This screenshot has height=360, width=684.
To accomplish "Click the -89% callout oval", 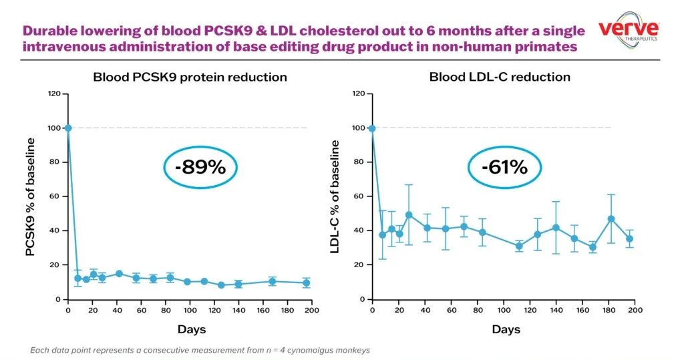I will tap(200, 167).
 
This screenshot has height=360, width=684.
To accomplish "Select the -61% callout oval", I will tap(501, 167).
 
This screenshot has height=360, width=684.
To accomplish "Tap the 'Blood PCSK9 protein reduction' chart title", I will tap(190, 77).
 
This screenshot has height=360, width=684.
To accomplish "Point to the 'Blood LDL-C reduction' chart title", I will tap(500, 77).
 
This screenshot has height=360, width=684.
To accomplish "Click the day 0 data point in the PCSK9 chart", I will tap(68, 128).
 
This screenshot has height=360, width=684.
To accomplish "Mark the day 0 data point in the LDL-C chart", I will tap(372, 128).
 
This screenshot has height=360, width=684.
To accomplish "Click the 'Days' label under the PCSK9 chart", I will tap(192, 329).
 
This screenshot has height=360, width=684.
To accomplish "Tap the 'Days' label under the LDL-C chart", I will tap(506, 329).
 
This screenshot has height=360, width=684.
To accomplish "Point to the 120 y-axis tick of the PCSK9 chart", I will tap(55, 94).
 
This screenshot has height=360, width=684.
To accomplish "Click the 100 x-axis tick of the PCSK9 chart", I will tap(186, 311).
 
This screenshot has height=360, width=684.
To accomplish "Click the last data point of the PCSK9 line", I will tap(307, 283).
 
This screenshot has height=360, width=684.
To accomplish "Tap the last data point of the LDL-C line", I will tap(629, 238).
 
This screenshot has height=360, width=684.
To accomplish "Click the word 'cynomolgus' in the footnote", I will tap(313, 350).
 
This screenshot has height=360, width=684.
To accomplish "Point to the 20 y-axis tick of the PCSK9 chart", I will tap(57, 265).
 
